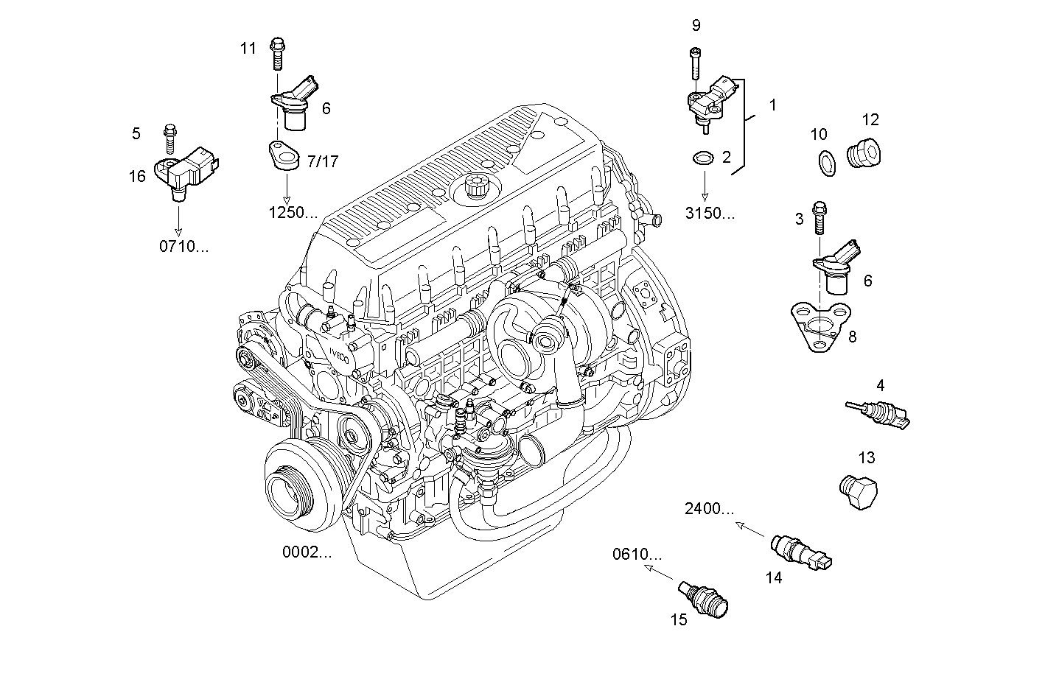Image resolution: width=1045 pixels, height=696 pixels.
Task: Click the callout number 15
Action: tap(678, 619)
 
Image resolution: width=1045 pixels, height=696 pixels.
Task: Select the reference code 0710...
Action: tap(184, 247)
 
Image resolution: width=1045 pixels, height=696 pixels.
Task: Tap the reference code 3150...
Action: tap(710, 214)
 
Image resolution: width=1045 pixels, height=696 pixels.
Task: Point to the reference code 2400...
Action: tap(709, 508)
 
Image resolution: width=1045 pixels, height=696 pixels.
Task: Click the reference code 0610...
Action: tap(637, 555)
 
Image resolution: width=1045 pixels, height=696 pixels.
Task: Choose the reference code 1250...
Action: tap(293, 214)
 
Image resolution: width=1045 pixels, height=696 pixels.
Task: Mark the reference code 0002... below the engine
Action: tap(307, 552)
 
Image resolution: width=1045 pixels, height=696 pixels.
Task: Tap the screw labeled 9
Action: tap(695, 63)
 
